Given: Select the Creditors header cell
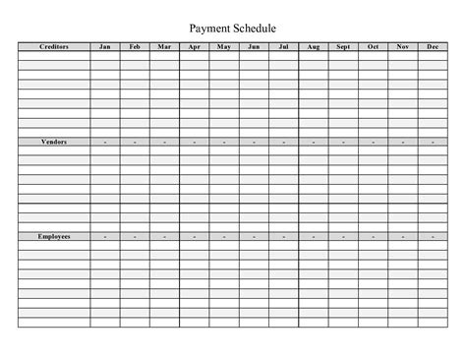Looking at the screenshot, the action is click(54, 46).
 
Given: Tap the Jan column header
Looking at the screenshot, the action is click(105, 46).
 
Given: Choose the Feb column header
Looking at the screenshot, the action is click(135, 46).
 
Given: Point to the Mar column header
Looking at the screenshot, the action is click(164, 46).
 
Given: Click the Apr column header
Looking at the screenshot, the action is click(195, 46).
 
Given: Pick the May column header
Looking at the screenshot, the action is click(224, 46).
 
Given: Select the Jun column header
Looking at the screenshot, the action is click(254, 46).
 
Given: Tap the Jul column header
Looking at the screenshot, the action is click(283, 46).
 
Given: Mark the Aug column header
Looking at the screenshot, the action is click(314, 46).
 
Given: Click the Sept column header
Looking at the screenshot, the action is click(343, 46).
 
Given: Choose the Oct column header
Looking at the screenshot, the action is click(373, 46).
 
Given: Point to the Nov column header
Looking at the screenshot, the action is click(402, 46).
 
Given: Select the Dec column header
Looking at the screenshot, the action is click(433, 46).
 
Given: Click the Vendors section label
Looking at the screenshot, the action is click(54, 142).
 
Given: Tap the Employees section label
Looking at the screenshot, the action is click(54, 237).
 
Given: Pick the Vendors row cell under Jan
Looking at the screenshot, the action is click(105, 142).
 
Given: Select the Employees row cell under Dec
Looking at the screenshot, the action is click(433, 237).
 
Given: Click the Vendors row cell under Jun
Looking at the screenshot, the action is click(254, 142).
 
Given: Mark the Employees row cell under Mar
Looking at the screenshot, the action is click(164, 237).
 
